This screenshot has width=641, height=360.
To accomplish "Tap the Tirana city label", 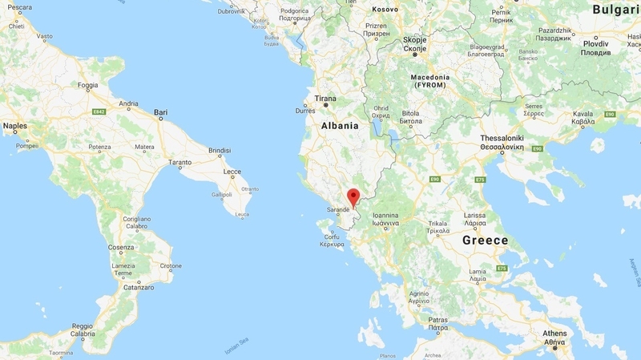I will [325, 99].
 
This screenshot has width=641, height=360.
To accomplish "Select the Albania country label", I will [339, 126].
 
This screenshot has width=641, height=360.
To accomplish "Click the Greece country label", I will [486, 240].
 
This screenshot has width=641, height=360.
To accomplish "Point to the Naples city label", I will [14, 126].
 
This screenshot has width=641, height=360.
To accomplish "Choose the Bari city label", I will [161, 112].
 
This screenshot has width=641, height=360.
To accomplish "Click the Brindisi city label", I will [220, 150].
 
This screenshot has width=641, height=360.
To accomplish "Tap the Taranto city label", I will [179, 162].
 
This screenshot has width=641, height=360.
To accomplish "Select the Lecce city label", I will [232, 172].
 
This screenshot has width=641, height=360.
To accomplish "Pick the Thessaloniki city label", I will [502, 139].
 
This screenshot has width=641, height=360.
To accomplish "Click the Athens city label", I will [554, 334].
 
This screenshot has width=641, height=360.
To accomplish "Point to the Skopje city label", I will [415, 38].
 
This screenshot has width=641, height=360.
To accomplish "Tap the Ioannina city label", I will [385, 215].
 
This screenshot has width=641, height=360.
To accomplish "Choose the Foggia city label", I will [88, 85].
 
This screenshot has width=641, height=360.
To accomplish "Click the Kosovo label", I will [385, 8].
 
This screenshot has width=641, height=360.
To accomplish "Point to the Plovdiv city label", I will [595, 43].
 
